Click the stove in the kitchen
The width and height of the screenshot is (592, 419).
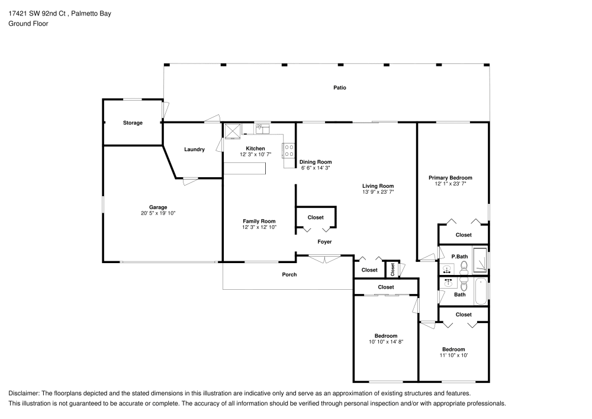pos(289,151)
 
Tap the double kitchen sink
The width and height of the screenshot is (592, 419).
pos(262,127)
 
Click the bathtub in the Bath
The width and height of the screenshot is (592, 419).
pos(480,290)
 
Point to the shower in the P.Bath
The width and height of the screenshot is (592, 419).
pos(481,260)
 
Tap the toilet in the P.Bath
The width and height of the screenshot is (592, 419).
pos(464,267)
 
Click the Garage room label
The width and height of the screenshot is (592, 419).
pos(157,207)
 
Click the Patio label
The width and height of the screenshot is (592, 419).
pos(339,88)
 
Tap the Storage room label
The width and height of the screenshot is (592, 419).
pos(133,123)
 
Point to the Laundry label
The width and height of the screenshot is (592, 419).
pos(194,149)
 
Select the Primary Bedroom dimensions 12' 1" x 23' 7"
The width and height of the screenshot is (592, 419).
pos(451,184)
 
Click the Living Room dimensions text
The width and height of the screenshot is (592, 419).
pos(378,192)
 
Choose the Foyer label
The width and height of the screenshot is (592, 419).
pos(324,242)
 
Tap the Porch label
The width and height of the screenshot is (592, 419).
pos(289,274)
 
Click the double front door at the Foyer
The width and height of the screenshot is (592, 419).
pos(324,258)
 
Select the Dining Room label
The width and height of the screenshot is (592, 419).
pos(316,162)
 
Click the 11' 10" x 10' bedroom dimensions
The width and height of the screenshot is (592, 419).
pos(453,356)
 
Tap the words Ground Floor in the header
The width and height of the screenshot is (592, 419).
pos(28,24)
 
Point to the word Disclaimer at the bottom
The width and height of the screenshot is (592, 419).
pos(23,394)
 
